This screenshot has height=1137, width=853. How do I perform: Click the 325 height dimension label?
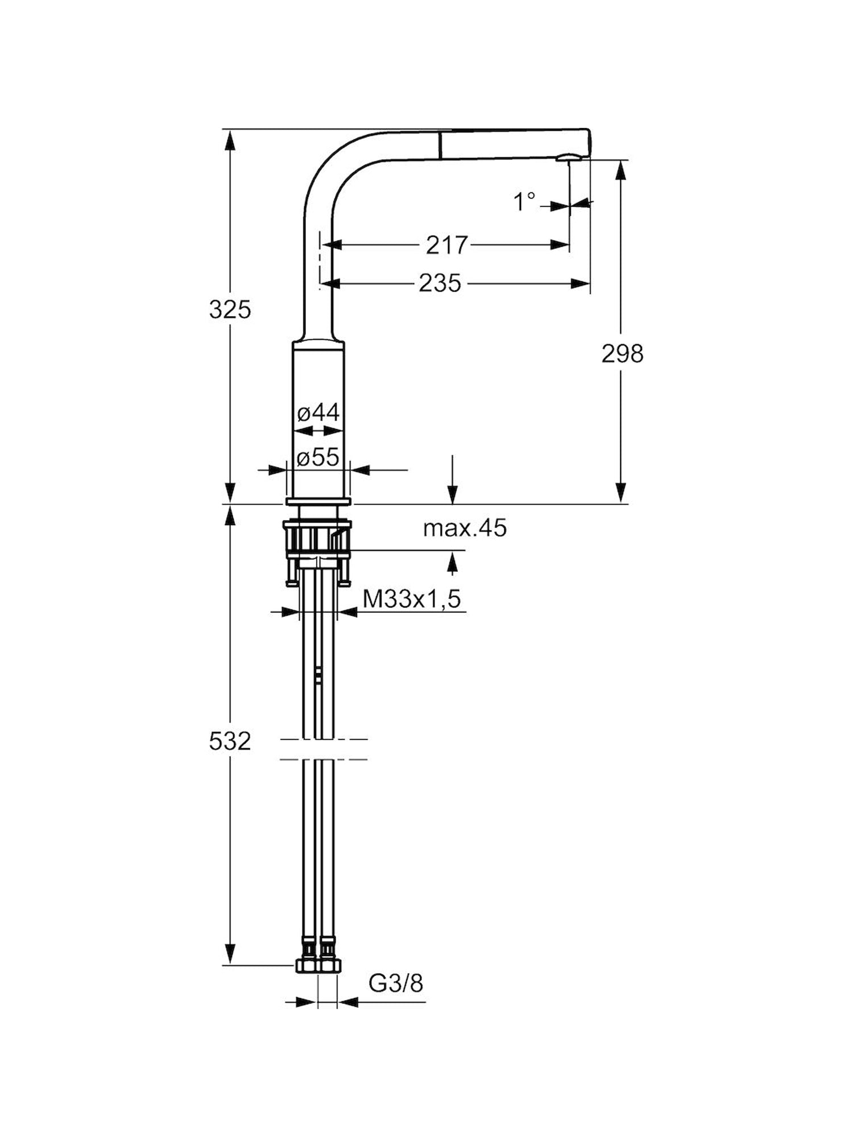point(230,310)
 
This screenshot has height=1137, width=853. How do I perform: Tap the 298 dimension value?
point(622,354)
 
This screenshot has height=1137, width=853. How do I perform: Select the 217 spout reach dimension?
point(446,245)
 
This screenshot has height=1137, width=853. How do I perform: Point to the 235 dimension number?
point(440,283)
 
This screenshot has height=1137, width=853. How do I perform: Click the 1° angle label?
point(524,201)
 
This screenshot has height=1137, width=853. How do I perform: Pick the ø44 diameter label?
point(318,413)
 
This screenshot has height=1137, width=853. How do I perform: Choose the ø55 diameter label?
point(318,457)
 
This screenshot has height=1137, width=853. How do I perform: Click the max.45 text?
point(465,529)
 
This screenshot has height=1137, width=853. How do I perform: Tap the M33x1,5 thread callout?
point(412,599)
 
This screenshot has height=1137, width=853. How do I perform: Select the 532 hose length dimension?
point(230,741)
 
